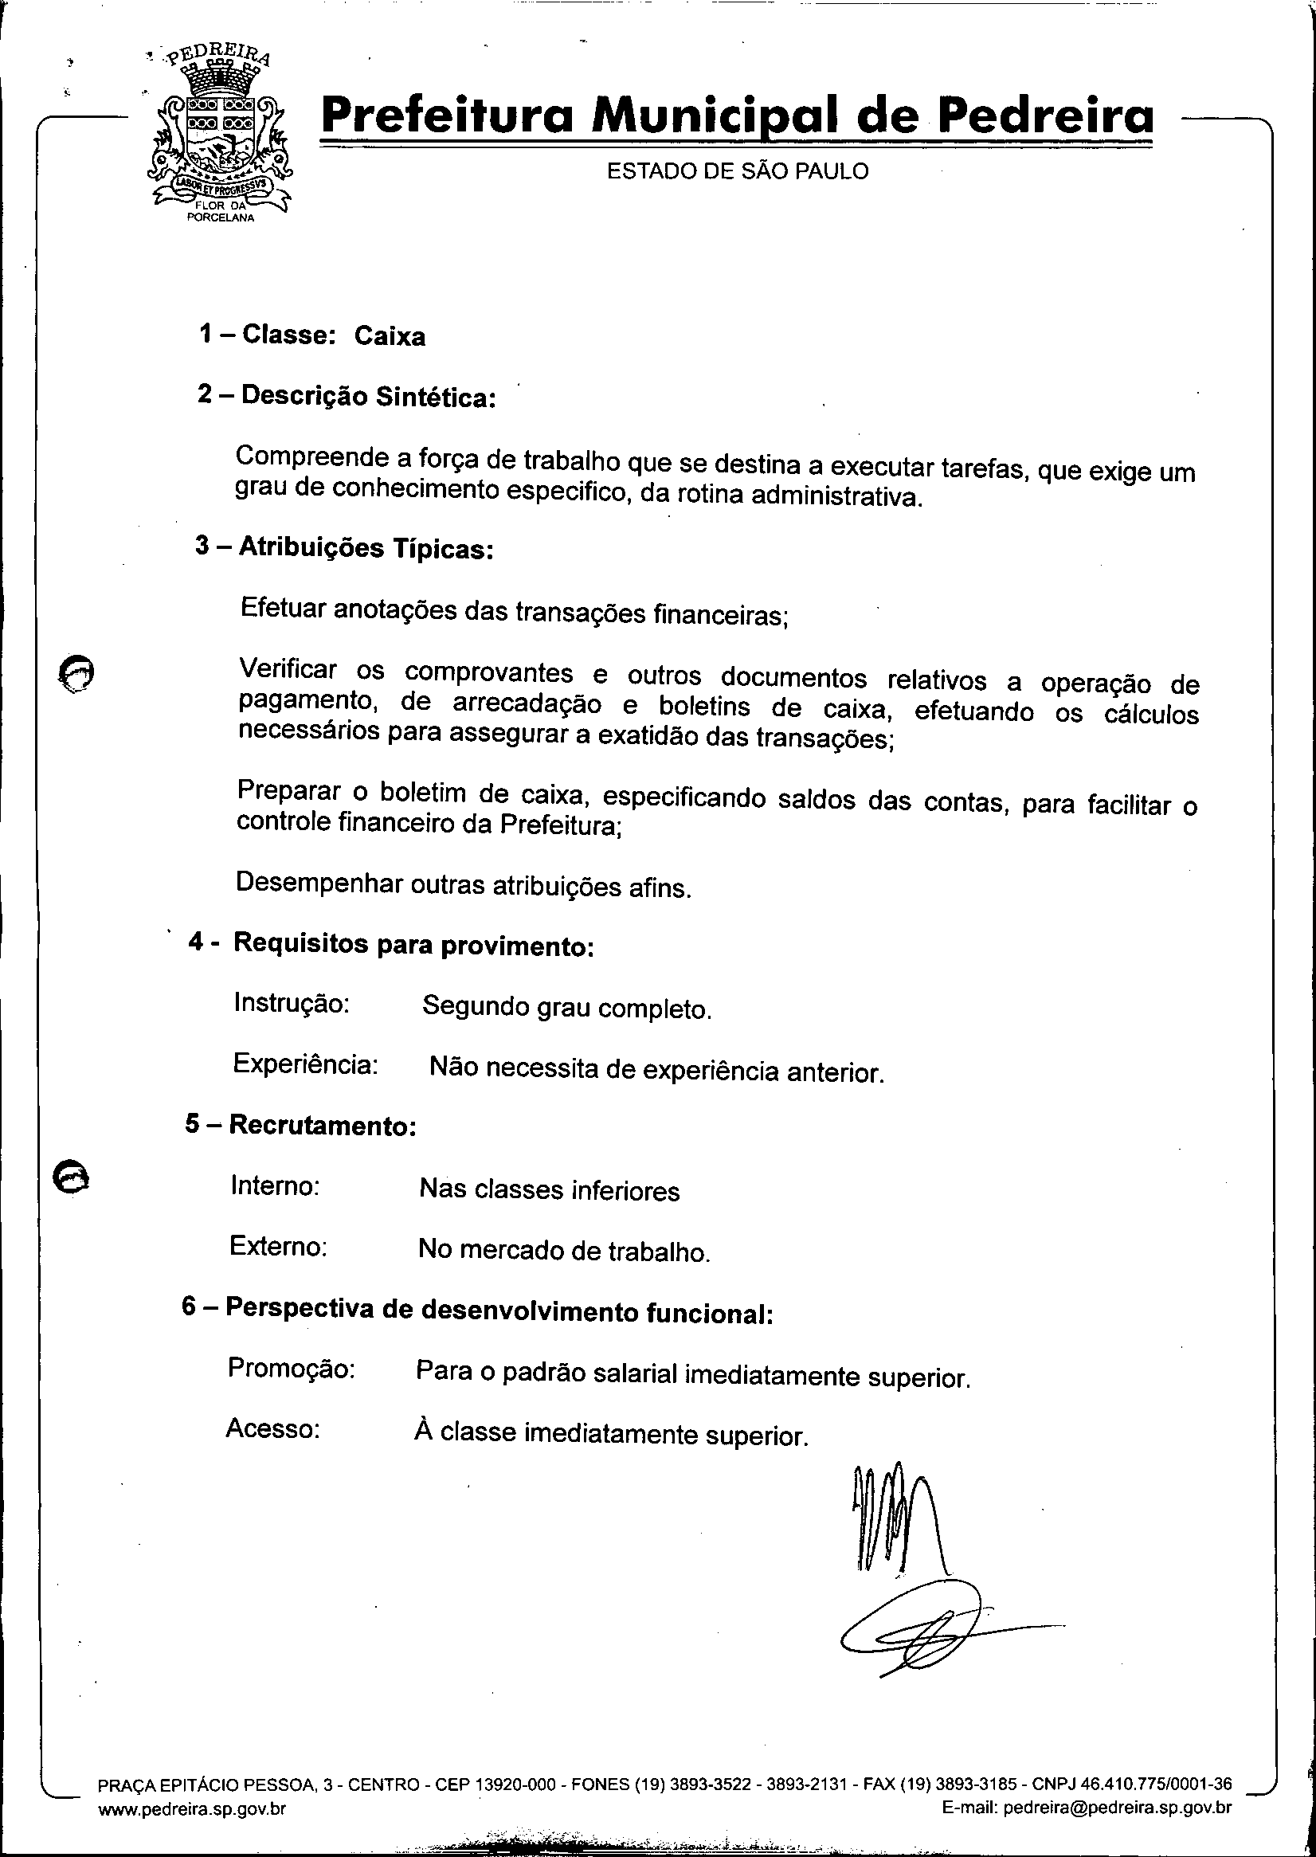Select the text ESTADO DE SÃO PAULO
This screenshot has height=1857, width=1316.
[738, 171]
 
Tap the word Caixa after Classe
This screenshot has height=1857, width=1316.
[389, 336]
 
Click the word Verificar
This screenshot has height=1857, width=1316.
[288, 669]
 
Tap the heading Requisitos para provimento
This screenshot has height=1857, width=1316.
[413, 945]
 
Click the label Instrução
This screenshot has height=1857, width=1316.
[291, 1003]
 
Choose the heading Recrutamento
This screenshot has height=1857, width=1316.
[323, 1126]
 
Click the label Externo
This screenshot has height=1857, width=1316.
[278, 1245]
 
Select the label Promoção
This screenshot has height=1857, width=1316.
[291, 1368]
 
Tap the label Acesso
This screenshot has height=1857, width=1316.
[273, 1428]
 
